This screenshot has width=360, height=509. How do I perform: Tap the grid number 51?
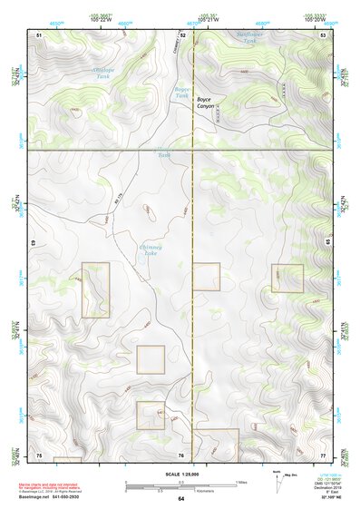click(x=39, y=34)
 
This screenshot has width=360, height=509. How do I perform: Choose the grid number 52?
click(x=182, y=34)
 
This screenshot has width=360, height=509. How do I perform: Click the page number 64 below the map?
click(x=180, y=499)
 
